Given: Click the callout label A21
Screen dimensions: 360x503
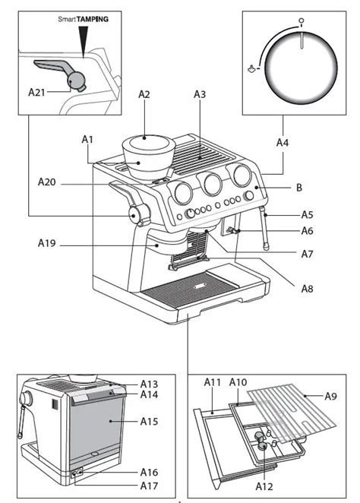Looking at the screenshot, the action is [x=36, y=93].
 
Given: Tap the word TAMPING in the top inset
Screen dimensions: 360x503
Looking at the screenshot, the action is [x=93, y=19].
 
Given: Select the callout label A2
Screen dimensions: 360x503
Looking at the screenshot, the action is [x=144, y=94].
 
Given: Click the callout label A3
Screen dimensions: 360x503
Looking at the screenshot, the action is [x=200, y=94].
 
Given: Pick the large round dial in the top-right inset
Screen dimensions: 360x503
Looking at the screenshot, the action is [x=301, y=68].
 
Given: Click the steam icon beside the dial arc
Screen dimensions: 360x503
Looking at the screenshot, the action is [x=252, y=68].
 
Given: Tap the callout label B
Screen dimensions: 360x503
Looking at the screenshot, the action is [x=298, y=188].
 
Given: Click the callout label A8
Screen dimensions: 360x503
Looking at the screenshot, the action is [x=307, y=289].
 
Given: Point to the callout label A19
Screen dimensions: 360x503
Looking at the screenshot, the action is [x=47, y=243].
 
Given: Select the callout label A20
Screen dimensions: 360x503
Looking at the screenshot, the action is [x=47, y=182].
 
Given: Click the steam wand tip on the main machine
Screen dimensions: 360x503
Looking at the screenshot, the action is [x=266, y=247].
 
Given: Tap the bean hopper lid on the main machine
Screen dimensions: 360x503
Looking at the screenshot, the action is [x=148, y=142].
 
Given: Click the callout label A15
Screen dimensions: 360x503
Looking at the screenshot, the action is [x=149, y=421].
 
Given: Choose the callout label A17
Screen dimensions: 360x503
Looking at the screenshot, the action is [x=149, y=486].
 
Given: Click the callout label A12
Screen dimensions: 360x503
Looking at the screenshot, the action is [x=264, y=486].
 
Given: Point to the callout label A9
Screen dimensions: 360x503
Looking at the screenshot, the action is [x=331, y=397].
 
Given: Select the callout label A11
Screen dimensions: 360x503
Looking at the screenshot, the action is [x=212, y=382].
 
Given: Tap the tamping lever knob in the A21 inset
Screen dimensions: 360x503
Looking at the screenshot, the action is [x=77, y=80].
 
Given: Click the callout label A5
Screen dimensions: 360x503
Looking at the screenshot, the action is [x=307, y=214].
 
